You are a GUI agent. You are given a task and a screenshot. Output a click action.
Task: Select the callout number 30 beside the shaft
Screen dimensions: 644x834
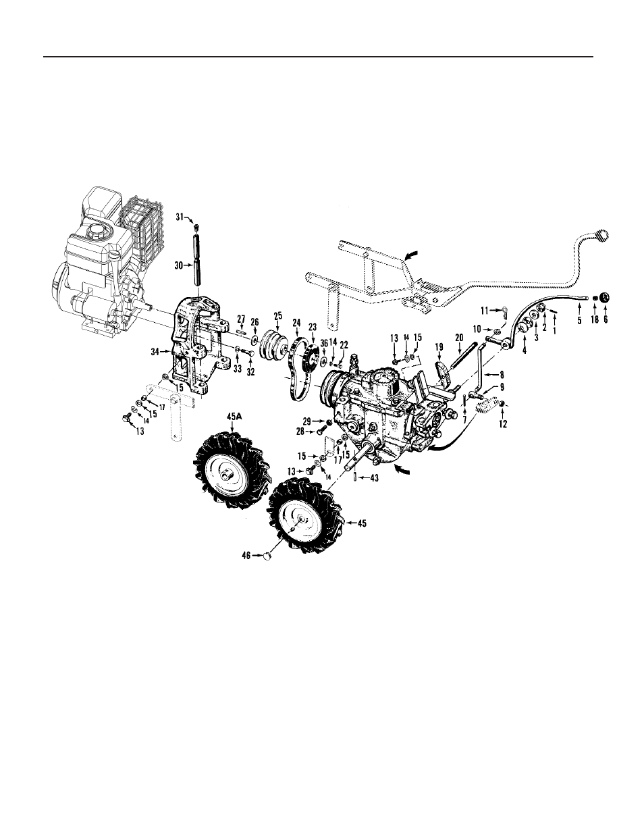click(x=179, y=265)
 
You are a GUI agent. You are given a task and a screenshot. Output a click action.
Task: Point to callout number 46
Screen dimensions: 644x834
click(x=246, y=555)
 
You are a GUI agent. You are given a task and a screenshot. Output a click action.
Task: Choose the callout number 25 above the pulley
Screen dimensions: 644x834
click(x=277, y=316)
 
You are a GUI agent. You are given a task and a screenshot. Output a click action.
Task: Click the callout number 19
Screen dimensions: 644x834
click(x=439, y=347)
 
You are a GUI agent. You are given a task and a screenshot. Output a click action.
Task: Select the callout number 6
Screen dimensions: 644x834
click(x=606, y=319)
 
